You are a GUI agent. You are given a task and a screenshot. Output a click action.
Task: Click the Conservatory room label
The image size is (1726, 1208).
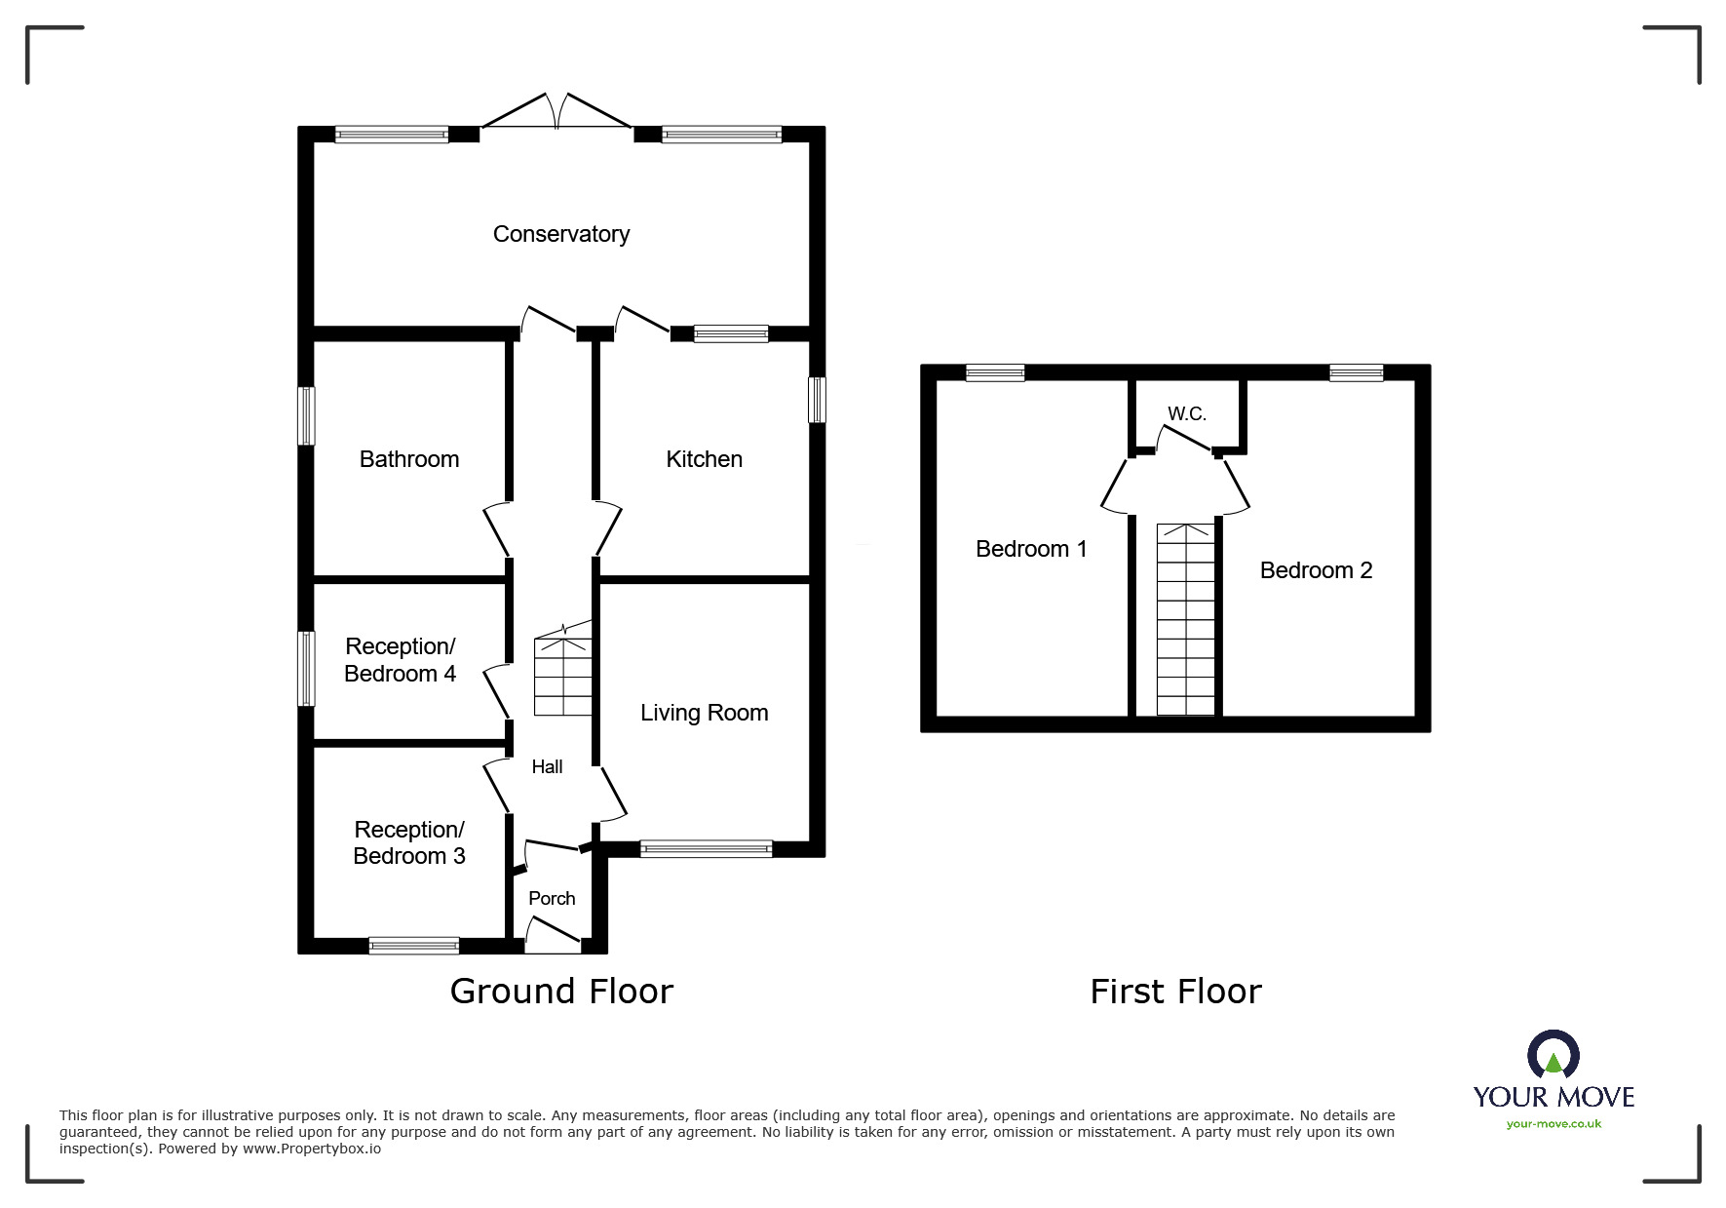click(x=560, y=234)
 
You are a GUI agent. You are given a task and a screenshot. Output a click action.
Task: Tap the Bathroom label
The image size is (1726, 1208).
click(x=408, y=459)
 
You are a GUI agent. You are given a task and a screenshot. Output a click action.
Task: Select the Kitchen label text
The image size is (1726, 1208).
click(x=704, y=459)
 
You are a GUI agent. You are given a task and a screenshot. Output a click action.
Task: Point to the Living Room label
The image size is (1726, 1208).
click(x=704, y=713)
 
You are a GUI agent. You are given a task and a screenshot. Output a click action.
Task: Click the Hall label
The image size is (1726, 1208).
click(x=547, y=767)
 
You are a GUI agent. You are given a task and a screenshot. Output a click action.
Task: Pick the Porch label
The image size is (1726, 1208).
click(x=552, y=898)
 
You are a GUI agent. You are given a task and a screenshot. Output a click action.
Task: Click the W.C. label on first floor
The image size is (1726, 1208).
click(x=1186, y=413)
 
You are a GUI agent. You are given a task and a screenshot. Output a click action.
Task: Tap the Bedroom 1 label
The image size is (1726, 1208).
click(x=1031, y=549)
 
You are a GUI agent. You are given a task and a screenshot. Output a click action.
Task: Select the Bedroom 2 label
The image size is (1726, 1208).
click(x=1316, y=570)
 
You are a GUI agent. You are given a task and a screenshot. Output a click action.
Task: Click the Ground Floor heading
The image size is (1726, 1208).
click(x=561, y=992)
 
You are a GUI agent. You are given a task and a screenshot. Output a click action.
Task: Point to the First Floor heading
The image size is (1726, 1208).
click(x=1175, y=992)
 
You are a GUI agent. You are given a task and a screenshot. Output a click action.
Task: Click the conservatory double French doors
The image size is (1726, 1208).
click(x=557, y=112)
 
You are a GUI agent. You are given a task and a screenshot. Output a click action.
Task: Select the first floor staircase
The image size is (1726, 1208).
click(x=1186, y=620)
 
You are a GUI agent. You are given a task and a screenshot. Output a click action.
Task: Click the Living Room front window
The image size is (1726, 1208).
click(x=706, y=849)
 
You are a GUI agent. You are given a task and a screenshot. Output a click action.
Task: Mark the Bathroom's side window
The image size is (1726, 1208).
click(x=306, y=415)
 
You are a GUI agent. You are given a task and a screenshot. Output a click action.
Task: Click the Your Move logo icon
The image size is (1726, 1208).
click(x=1553, y=1057)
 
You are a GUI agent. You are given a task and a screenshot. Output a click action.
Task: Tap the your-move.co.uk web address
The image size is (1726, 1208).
click(x=1553, y=1124)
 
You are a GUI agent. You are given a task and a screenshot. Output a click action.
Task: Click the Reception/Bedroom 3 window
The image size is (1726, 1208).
click(x=413, y=945)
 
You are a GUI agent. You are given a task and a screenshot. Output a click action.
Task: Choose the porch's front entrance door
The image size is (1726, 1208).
click(x=553, y=934)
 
